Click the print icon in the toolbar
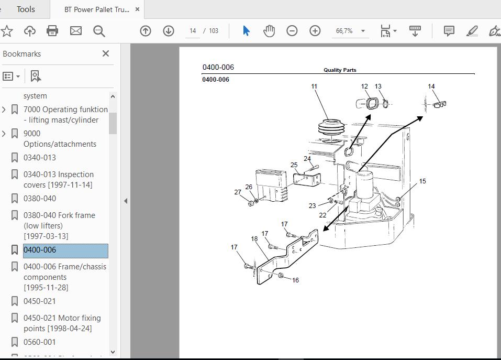[x=52, y=31]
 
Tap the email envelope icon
[x=76, y=31]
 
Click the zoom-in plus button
[x=315, y=31]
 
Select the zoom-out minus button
[x=292, y=31]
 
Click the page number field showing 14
[x=193, y=31]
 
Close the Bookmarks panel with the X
[x=106, y=53]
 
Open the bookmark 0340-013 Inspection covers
[x=59, y=179]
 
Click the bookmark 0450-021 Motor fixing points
[x=62, y=323]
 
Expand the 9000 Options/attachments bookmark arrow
[x=4, y=134]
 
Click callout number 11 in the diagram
[x=314, y=86]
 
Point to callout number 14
[x=431, y=86]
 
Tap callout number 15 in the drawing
[x=422, y=181]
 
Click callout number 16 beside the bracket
[x=295, y=280]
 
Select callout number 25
[x=294, y=165]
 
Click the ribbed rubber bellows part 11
[x=332, y=129]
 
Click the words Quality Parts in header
[x=340, y=70]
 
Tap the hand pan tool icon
[x=269, y=31]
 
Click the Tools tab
[x=26, y=9]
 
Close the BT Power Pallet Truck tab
[x=137, y=9]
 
